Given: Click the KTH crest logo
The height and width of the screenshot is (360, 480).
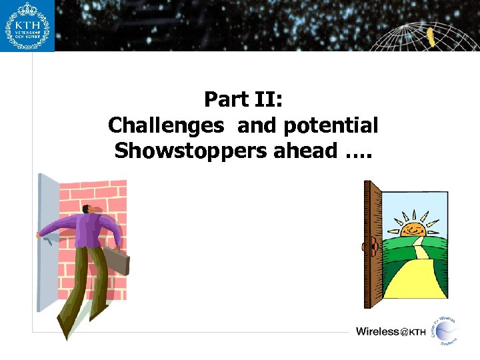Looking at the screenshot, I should pos(27,25).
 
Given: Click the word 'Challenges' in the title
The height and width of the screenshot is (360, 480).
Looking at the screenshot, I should pos(166,125).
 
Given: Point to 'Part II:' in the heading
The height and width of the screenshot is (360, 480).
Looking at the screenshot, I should pos(243,100).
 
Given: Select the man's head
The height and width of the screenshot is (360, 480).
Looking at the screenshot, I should pos(94,209).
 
